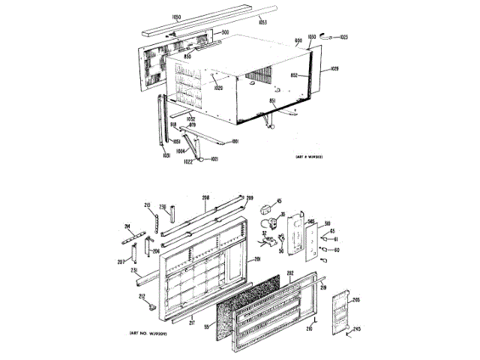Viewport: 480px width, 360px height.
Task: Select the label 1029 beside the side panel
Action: pyautogui.click(x=334, y=70)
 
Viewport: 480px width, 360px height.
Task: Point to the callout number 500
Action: pyautogui.click(x=224, y=32)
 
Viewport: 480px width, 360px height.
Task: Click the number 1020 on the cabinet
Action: pyautogui.click(x=218, y=88)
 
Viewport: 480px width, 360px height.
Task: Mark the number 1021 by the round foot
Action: pyautogui.click(x=214, y=159)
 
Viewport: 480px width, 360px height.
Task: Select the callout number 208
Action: pyautogui.click(x=205, y=197)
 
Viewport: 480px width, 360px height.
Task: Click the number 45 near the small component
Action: pyautogui.click(x=279, y=200)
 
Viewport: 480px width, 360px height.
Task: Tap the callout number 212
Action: pyautogui.click(x=141, y=295)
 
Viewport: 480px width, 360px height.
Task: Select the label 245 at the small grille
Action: pyautogui.click(x=357, y=330)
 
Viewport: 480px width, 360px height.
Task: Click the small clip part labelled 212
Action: pyautogui.click(x=151, y=306)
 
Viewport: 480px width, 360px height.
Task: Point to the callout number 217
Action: pyautogui.click(x=192, y=324)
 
